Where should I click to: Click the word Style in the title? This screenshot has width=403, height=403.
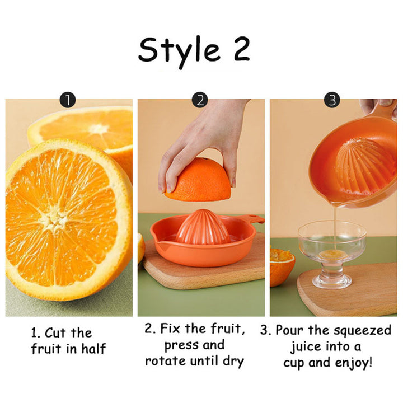pos(179,52)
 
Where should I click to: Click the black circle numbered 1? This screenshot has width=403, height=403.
pos(68,100)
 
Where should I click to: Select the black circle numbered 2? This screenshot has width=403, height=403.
pos(200,100)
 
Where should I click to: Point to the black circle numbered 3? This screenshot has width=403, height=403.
pos(332,100)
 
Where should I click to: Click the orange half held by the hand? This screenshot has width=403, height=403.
pos(198,180)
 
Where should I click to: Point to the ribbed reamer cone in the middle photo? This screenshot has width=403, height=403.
pos(203,227)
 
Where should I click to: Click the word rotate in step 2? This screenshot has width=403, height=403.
pos(166,361)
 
